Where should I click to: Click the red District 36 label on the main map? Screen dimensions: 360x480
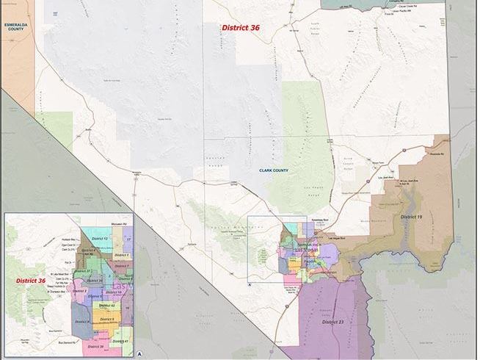(x=241, y=27)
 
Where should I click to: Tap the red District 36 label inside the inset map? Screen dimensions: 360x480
(x=31, y=280)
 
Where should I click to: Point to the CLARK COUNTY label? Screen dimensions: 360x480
(x=274, y=170)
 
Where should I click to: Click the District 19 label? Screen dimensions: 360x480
(x=411, y=217)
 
